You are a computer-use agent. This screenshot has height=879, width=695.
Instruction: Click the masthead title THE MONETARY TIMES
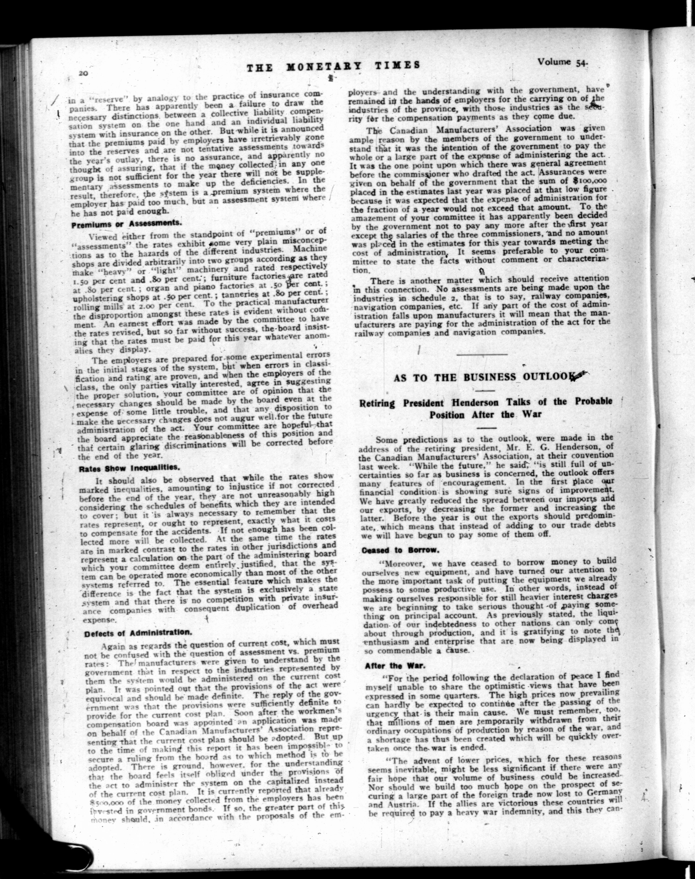[x=333, y=66]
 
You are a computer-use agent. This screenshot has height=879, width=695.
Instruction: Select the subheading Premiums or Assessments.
[x=126, y=224]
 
